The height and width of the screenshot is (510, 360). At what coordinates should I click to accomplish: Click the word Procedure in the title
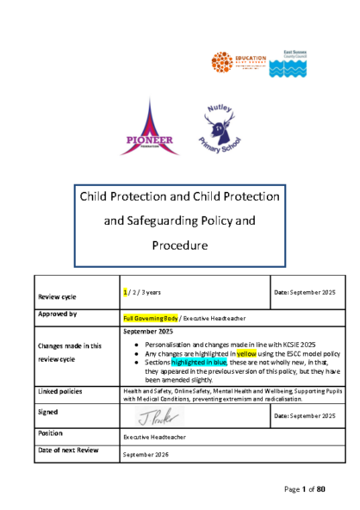pyautogui.click(x=180, y=246)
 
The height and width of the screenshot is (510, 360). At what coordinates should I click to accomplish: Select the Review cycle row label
pyautogui.click(x=56, y=296)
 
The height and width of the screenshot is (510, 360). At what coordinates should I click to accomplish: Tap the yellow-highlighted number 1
pyautogui.click(x=126, y=293)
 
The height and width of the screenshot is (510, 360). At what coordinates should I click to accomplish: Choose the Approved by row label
pyautogui.click(x=58, y=315)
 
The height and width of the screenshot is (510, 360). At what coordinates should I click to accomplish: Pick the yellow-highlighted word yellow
pyautogui.click(x=247, y=353)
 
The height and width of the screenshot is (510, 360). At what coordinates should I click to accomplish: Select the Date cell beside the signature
pyautogui.click(x=304, y=416)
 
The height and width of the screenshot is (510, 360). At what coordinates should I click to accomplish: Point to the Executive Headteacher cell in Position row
pyautogui.click(x=154, y=438)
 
